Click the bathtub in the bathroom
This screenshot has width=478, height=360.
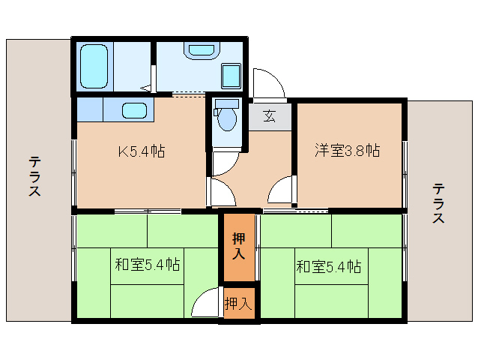pos(94,66)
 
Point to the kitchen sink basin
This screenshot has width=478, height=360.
pos(136,110)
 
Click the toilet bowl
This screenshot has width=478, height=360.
pos(227,118)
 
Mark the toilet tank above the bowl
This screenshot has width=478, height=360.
pos(226,103)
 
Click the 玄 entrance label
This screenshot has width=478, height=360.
pos(270,115)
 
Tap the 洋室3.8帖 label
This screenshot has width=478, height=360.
pos(346,151)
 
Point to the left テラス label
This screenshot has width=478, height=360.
pos(34,177)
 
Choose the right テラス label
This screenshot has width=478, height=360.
pos(438,203)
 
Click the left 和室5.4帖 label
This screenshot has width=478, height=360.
pos(147,265)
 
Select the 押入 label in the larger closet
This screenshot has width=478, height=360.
pos(239,247)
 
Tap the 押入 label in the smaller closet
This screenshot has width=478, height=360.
pos(239,304)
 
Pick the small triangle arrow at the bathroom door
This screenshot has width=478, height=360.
pos(148,88)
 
